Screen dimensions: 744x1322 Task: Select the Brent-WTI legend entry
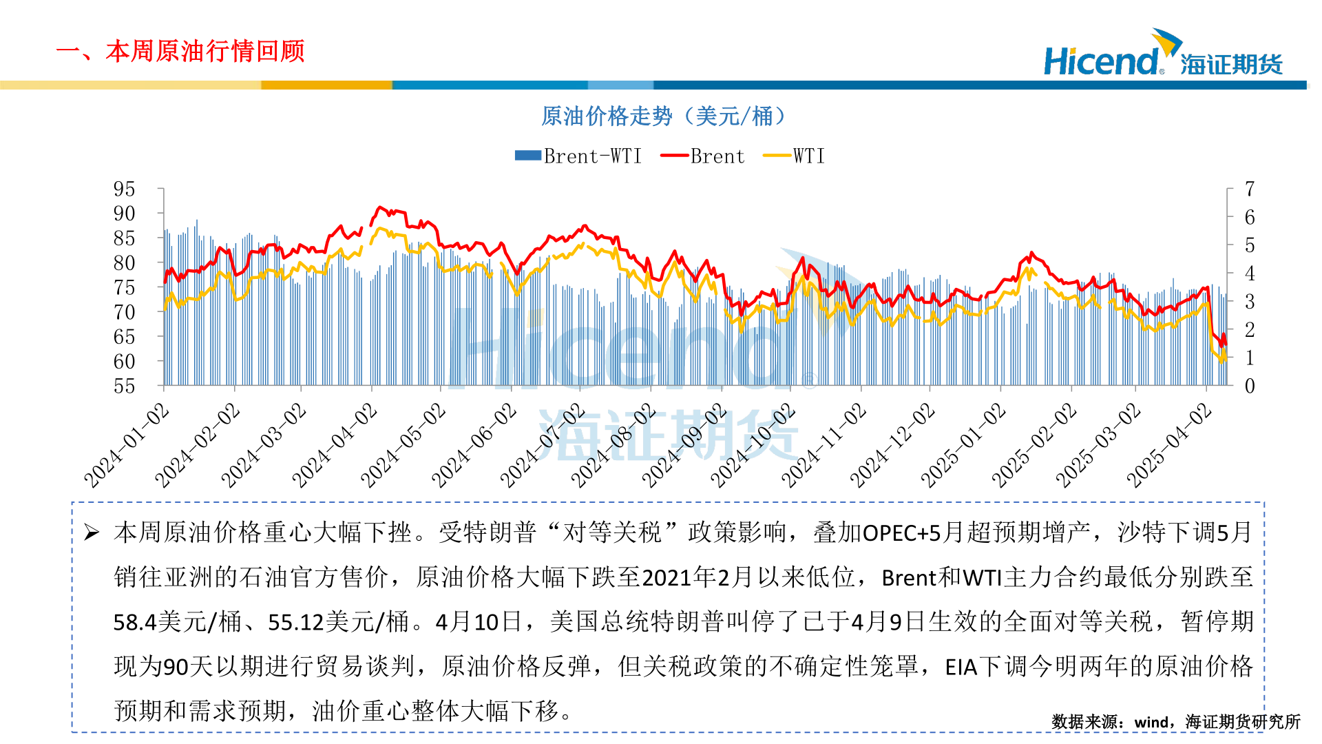(578, 156)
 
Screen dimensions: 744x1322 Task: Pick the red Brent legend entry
(702, 156)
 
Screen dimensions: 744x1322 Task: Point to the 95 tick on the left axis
(124, 189)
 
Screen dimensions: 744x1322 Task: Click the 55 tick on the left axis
(124, 386)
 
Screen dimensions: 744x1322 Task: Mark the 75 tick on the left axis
(124, 287)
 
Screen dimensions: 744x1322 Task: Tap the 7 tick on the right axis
(1250, 189)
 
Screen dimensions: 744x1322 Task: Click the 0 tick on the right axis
(1250, 386)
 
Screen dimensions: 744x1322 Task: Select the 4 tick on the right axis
(1250, 273)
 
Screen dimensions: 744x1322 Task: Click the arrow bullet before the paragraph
(92, 533)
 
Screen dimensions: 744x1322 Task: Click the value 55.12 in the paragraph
(295, 623)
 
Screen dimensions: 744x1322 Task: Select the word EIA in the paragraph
(961, 667)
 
